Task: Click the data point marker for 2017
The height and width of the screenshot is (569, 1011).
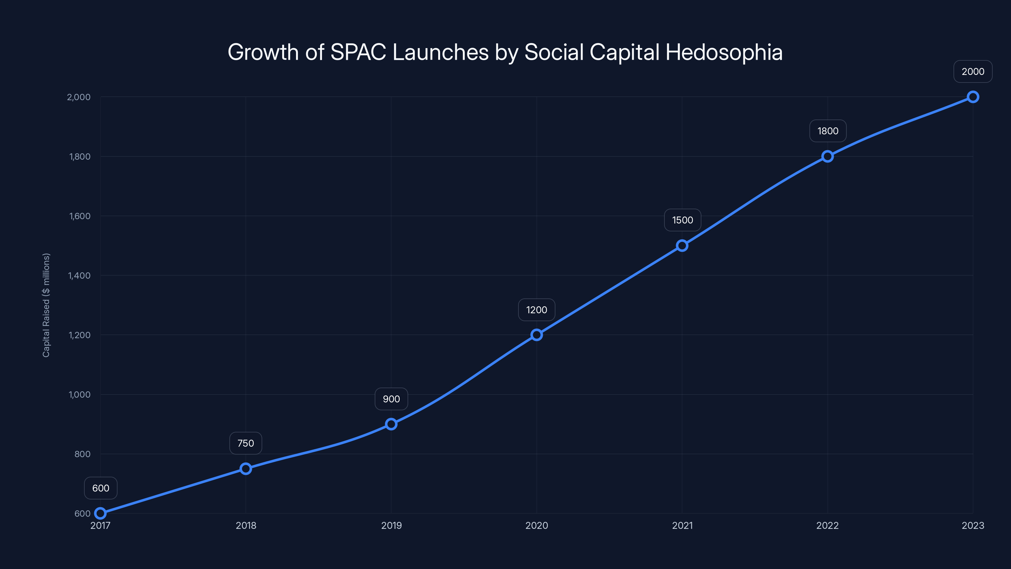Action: (x=100, y=513)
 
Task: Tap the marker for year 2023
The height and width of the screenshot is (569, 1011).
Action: (x=972, y=97)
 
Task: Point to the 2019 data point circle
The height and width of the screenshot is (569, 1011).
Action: (x=391, y=424)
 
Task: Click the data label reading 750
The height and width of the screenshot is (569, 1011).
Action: (x=246, y=443)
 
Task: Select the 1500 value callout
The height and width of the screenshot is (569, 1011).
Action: (x=682, y=220)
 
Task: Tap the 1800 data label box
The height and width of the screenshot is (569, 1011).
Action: (x=828, y=131)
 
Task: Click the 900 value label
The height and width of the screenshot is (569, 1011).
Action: (x=391, y=399)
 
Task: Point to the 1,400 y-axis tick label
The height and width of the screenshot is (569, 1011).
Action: (x=79, y=276)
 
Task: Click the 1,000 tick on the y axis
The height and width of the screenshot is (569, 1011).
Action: (x=80, y=395)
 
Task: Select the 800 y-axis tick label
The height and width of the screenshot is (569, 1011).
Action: (x=82, y=454)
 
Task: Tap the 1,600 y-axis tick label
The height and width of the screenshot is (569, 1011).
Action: (x=80, y=216)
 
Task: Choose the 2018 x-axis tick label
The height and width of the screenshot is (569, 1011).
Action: (x=246, y=525)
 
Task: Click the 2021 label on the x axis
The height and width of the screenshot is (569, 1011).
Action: (x=682, y=525)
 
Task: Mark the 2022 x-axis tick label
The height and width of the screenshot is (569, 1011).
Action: (x=827, y=525)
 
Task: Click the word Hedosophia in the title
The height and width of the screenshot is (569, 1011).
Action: (x=724, y=52)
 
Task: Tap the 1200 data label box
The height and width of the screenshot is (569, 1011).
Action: (x=536, y=310)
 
